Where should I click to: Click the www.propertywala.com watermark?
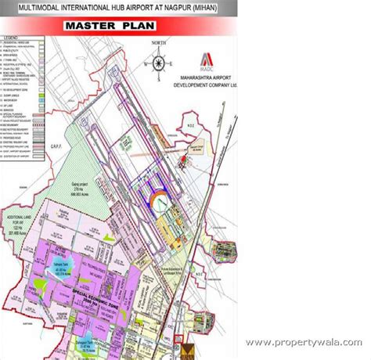pos(305,343)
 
